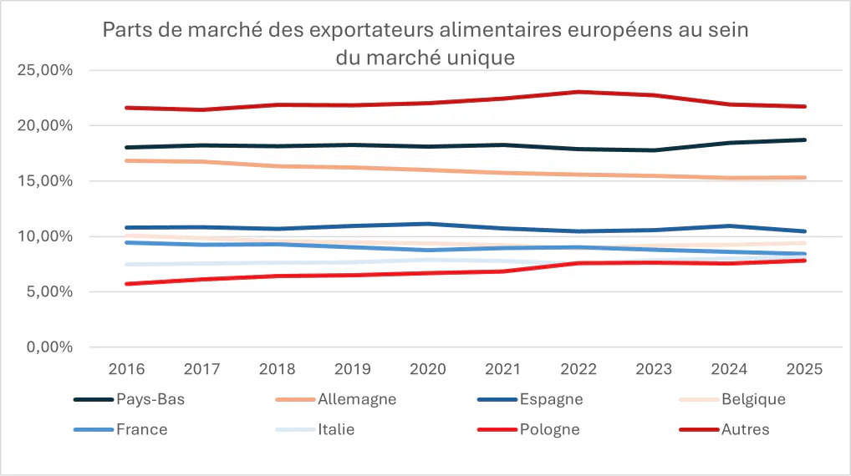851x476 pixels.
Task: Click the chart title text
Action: click(x=425, y=43)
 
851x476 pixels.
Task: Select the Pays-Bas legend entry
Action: click(x=150, y=399)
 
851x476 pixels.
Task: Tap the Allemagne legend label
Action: click(x=356, y=399)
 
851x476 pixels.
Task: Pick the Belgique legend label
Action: click(x=753, y=399)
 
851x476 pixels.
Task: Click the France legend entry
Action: click(x=142, y=430)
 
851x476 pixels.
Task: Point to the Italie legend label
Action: click(x=336, y=430)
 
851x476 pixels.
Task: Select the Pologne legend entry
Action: click(x=548, y=430)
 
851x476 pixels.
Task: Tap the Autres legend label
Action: click(x=745, y=430)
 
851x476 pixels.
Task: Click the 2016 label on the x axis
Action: click(x=125, y=369)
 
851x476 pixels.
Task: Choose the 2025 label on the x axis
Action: click(x=805, y=369)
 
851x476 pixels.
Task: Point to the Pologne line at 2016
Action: click(x=125, y=284)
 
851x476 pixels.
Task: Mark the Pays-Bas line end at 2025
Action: click(x=805, y=139)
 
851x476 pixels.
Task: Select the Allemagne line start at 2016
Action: click(x=125, y=160)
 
